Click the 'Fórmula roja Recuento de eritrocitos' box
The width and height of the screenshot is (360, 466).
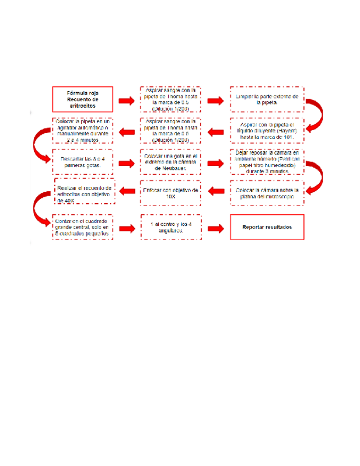(x=82, y=99)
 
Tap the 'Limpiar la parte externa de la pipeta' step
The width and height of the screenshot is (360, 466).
(x=267, y=99)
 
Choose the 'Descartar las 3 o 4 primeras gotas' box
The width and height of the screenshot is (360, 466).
(x=82, y=163)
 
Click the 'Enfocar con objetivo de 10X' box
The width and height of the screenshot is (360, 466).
(x=170, y=192)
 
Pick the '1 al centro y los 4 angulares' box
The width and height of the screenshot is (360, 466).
(x=170, y=228)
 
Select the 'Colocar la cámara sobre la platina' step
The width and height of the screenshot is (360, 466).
(x=267, y=193)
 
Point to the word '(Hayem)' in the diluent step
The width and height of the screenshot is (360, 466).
(x=287, y=131)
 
